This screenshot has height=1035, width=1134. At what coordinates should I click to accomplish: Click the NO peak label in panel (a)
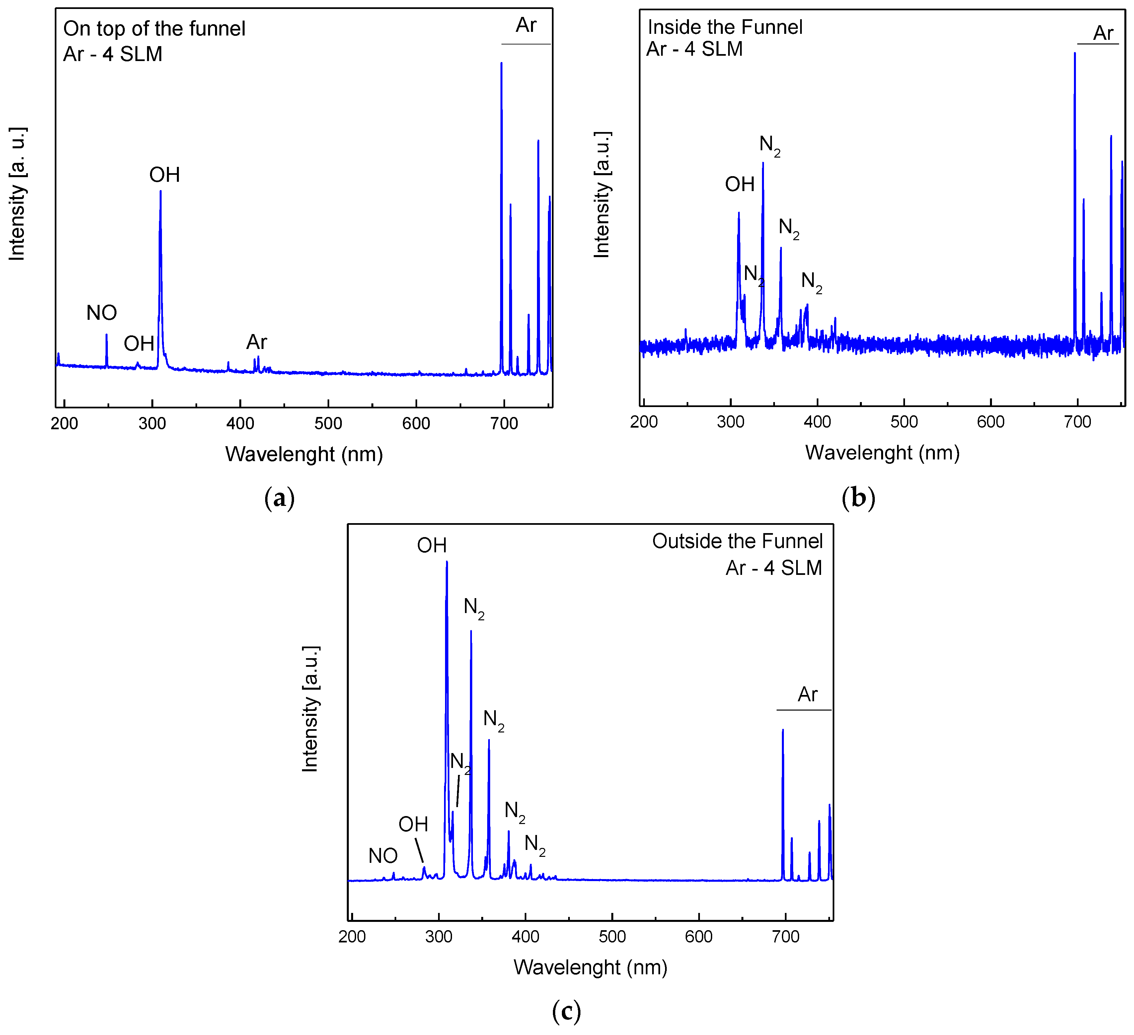[101, 312]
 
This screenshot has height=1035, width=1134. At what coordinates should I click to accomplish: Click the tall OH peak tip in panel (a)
[160, 192]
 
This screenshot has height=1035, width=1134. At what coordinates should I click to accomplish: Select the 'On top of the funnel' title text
[154, 29]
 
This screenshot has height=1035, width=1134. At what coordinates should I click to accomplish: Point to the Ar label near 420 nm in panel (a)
[257, 342]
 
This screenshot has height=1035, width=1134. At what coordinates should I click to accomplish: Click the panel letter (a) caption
[279, 498]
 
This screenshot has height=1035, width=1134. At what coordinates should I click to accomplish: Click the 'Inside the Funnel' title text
[725, 27]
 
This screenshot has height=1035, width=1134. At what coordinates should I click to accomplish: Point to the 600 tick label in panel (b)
[991, 422]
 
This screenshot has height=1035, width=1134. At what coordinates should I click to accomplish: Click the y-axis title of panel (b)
[602, 194]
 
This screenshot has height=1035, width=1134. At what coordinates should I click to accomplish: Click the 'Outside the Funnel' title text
[737, 541]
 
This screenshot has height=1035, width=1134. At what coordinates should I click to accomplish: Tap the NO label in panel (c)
[383, 856]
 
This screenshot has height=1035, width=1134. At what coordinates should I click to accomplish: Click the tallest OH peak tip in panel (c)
[447, 562]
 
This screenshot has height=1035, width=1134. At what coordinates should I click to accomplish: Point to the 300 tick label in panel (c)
[439, 936]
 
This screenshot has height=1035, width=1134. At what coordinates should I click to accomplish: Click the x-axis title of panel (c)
[590, 967]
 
